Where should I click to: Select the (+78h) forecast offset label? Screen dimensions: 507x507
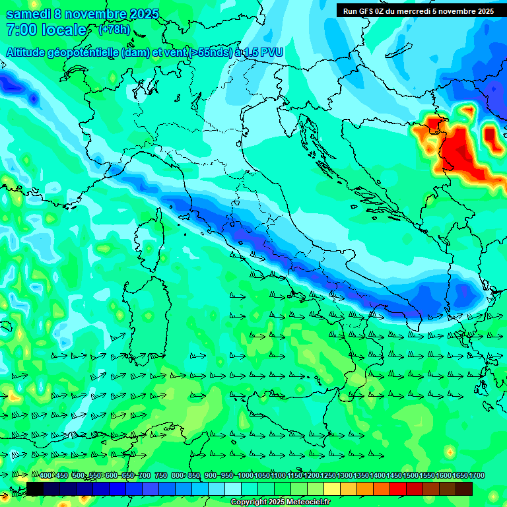(114, 30)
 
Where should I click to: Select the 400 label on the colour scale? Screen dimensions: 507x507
(46, 476)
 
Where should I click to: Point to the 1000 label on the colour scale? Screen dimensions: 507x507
(246, 476)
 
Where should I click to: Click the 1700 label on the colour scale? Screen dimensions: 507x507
(459, 476)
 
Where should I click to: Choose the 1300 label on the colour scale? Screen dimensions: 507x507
(345, 476)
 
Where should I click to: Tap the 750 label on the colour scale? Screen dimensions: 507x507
(161, 476)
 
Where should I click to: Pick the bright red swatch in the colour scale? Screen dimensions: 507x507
(398, 489)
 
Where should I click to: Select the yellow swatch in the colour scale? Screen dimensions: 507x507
(349, 489)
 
